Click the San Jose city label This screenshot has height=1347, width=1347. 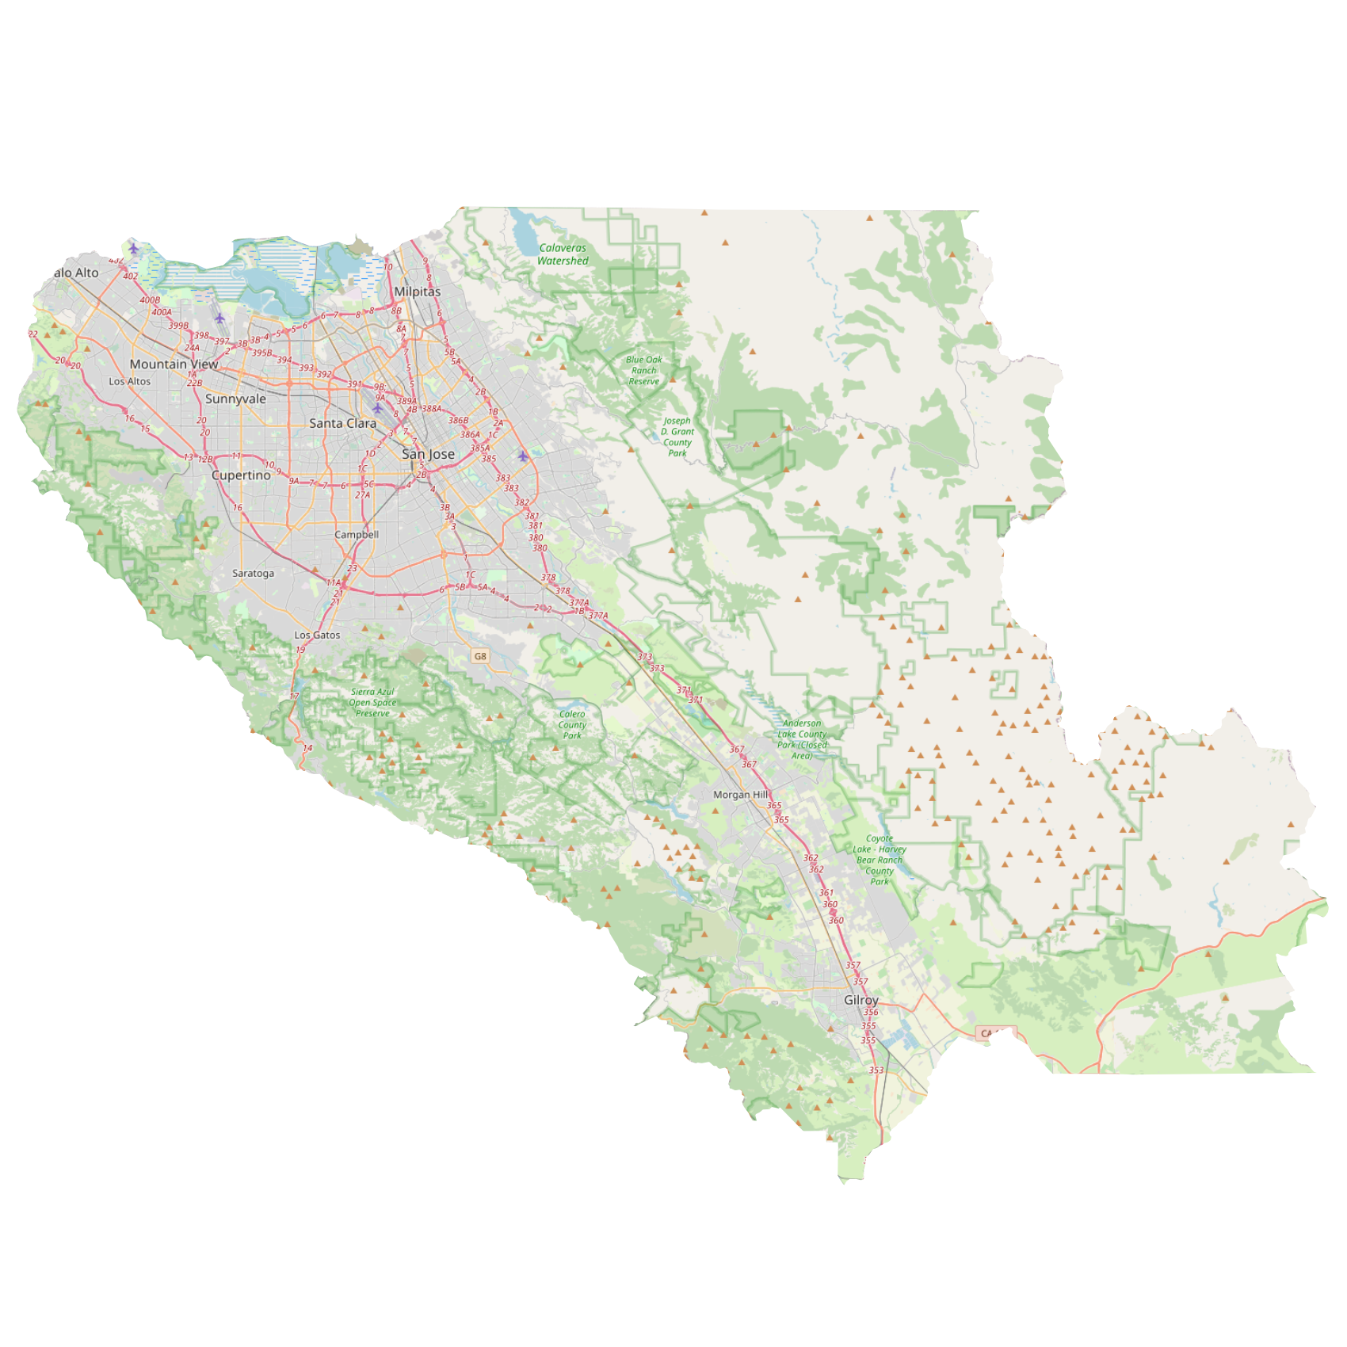click(x=428, y=454)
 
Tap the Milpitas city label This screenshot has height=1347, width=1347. click(x=417, y=292)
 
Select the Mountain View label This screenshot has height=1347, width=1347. click(x=174, y=364)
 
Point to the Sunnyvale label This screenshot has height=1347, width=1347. click(x=235, y=399)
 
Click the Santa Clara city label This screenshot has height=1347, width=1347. click(x=342, y=423)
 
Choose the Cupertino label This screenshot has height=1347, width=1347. click(x=241, y=475)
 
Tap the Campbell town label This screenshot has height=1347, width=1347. click(x=357, y=535)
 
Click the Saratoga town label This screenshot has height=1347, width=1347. click(x=253, y=574)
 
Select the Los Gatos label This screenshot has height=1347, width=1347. click(x=317, y=635)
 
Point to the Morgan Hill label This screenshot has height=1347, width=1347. click(x=740, y=795)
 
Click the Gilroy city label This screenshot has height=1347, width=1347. click(x=860, y=1000)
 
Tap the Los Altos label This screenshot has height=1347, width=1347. click(x=129, y=382)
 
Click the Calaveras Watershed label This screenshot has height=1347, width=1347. click(x=563, y=254)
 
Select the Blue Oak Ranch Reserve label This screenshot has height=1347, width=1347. click(x=643, y=371)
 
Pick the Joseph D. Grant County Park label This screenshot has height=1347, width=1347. click(x=677, y=437)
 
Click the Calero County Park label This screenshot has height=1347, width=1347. click(x=572, y=725)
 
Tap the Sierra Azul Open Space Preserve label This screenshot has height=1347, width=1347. click(x=372, y=703)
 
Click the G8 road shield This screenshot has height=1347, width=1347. click(x=480, y=656)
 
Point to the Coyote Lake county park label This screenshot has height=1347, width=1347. click(x=880, y=860)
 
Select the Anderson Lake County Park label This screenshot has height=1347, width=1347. click(x=802, y=739)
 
